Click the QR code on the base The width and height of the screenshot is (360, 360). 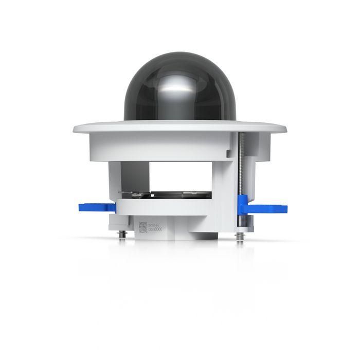142,227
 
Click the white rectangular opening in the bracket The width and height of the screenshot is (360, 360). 180,175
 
